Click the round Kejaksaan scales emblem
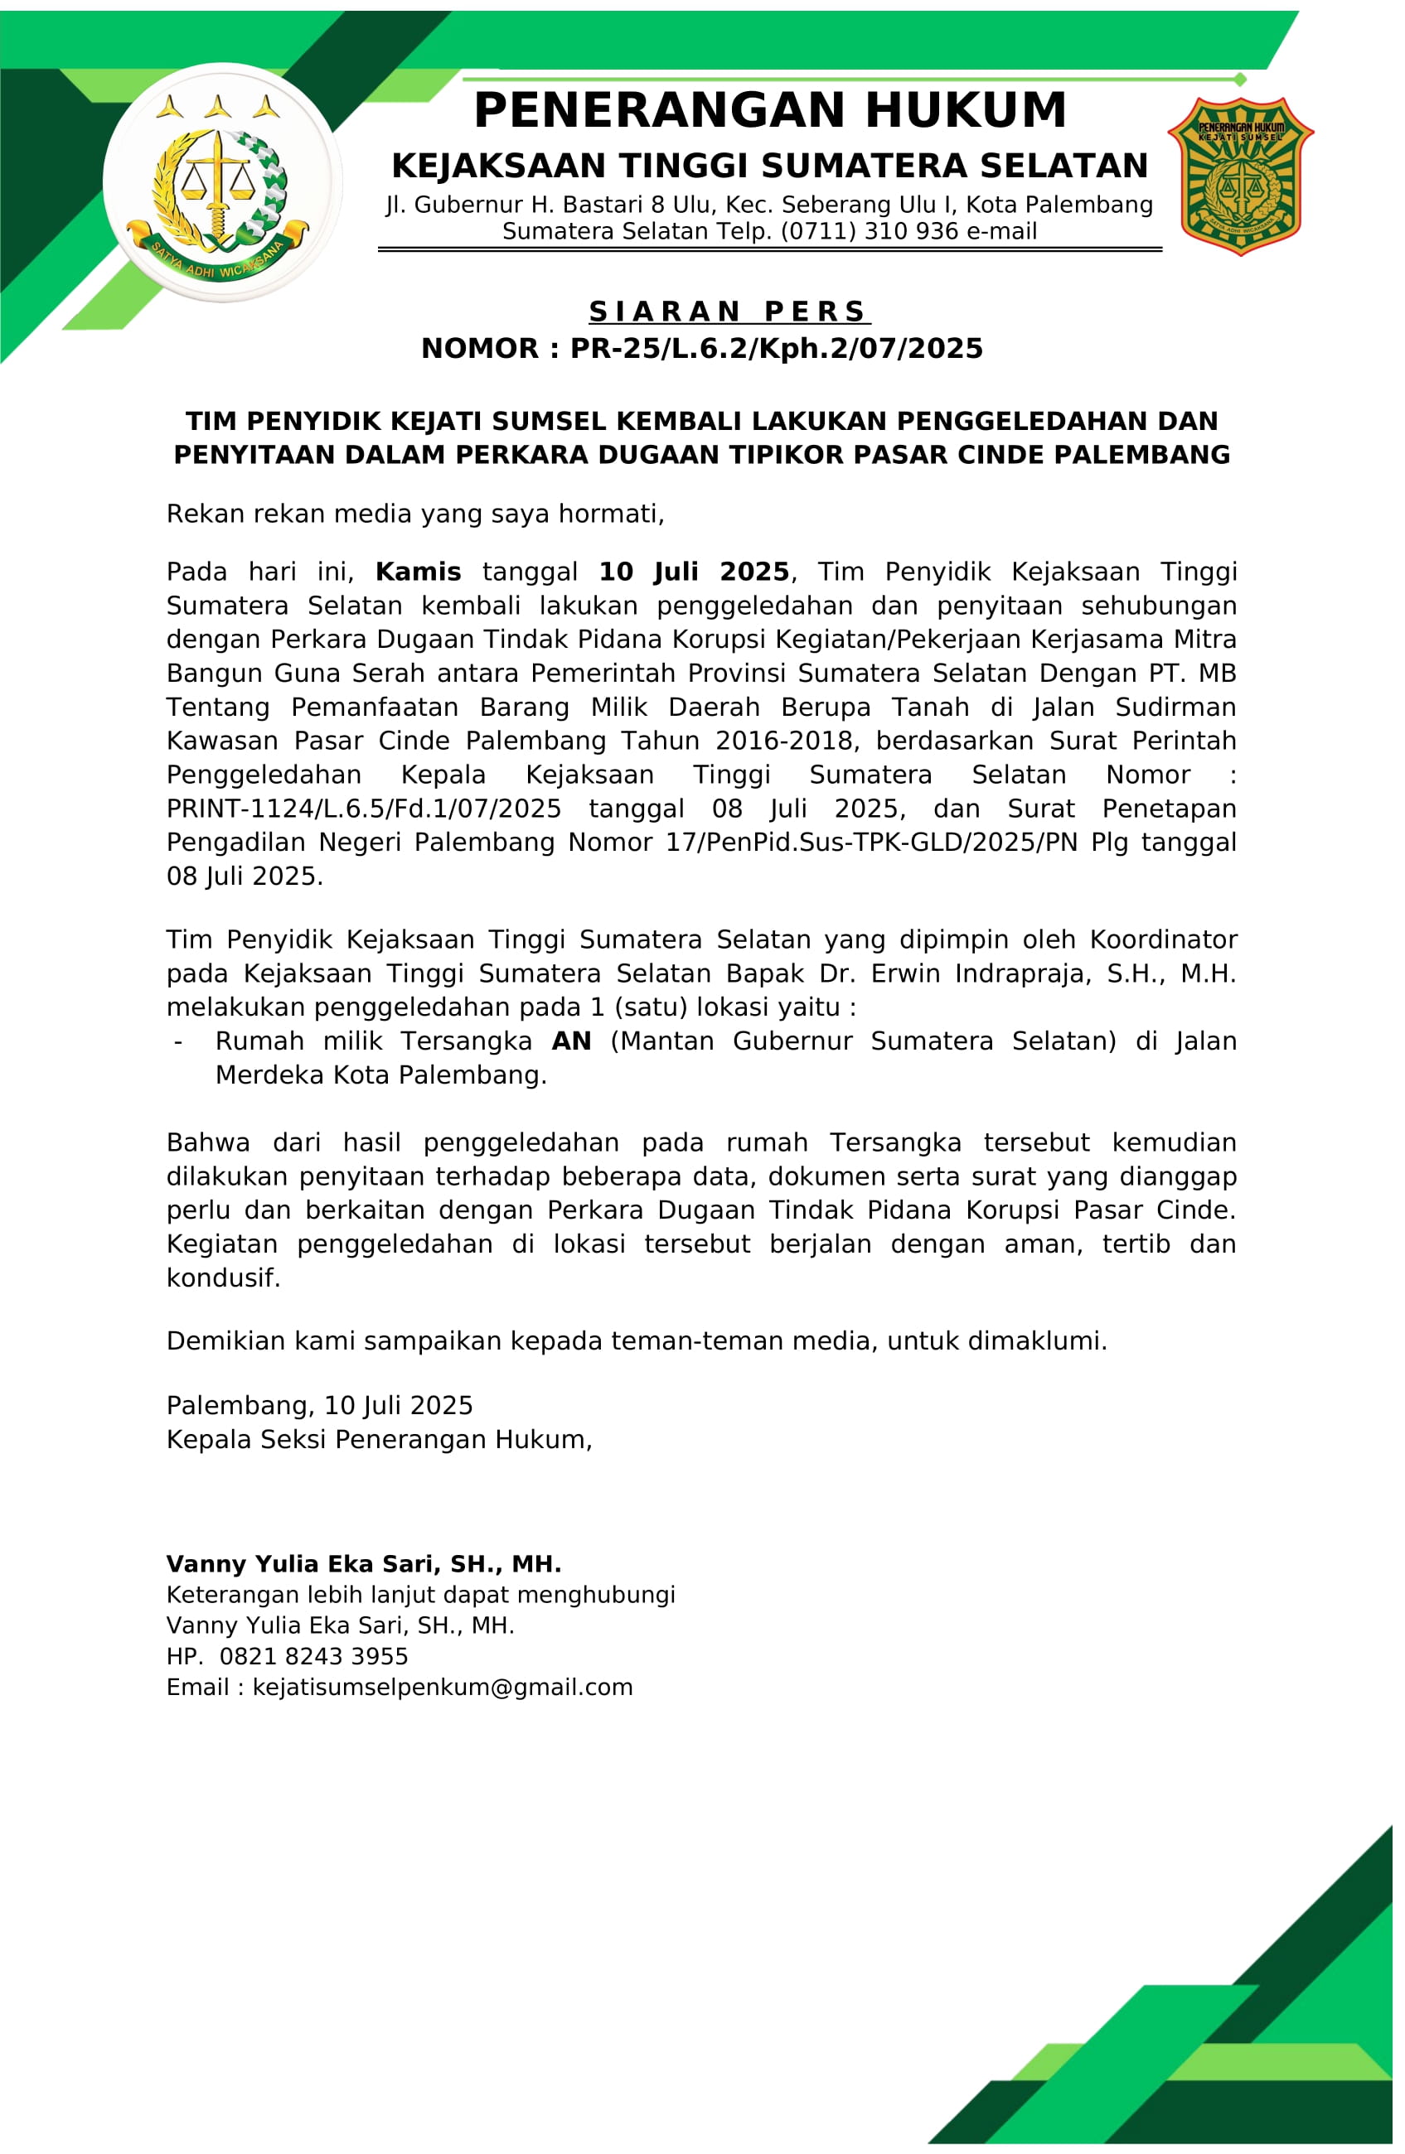222,183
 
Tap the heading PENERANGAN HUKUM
769,111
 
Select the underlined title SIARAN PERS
729,312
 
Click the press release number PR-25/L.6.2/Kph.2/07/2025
776,349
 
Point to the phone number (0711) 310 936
864,232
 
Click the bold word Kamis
417,572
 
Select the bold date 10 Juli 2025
694,572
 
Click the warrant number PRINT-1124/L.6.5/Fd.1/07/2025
363,809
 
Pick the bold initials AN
571,1041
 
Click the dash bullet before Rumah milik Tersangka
178,1041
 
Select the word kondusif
223,1278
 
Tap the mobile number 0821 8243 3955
313,1656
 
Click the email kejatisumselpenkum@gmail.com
442,1687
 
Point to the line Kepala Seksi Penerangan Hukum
379,1439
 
